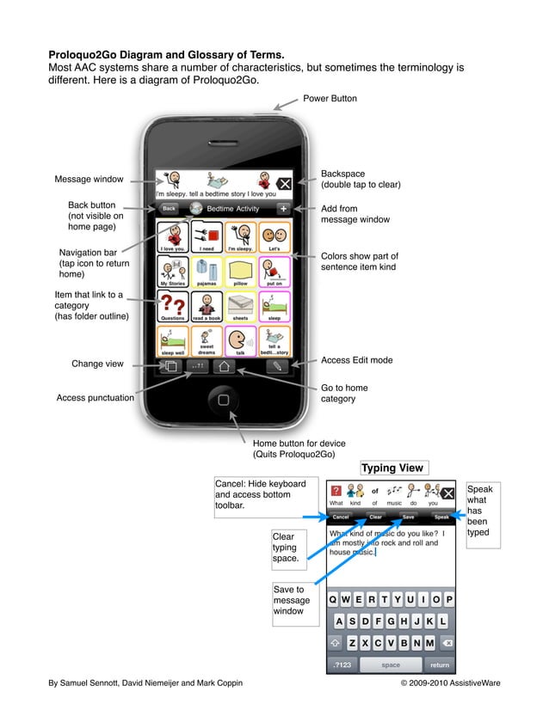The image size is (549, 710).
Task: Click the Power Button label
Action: click(330, 99)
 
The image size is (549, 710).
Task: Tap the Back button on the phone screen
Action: click(170, 209)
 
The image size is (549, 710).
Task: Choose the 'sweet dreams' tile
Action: click(207, 341)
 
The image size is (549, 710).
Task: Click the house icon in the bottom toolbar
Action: click(224, 365)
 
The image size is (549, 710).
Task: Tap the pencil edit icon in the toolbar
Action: click(277, 365)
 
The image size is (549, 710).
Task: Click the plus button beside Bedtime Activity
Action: click(283, 209)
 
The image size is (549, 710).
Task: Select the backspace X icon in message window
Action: click(283, 183)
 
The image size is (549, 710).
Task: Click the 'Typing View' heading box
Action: click(392, 468)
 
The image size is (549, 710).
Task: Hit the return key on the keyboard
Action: click(440, 664)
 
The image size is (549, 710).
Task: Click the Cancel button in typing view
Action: click(341, 517)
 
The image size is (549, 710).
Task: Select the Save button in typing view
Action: click(408, 517)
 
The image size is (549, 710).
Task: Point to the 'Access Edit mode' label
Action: click(356, 360)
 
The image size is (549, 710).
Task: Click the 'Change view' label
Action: click(97, 364)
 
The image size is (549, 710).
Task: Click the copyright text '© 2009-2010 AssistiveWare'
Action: click(450, 682)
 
